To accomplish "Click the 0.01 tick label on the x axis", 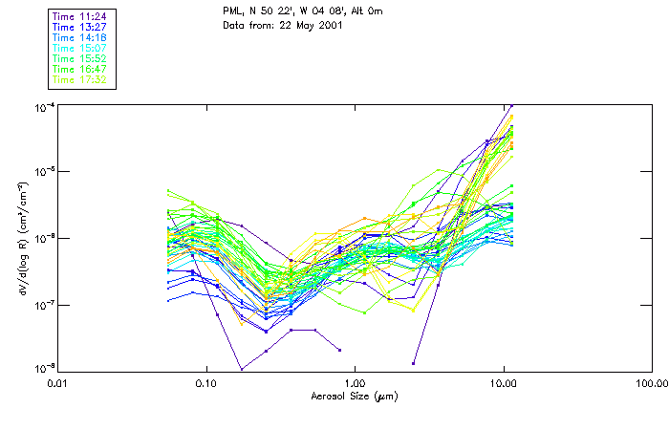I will pyautogui.click(x=57, y=383).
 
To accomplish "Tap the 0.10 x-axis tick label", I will pyautogui.click(x=205, y=383).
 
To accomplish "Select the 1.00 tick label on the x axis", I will pyautogui.click(x=355, y=383).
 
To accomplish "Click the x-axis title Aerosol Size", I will pyautogui.click(x=355, y=395).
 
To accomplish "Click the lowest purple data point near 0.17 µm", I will pyautogui.click(x=241, y=369).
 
